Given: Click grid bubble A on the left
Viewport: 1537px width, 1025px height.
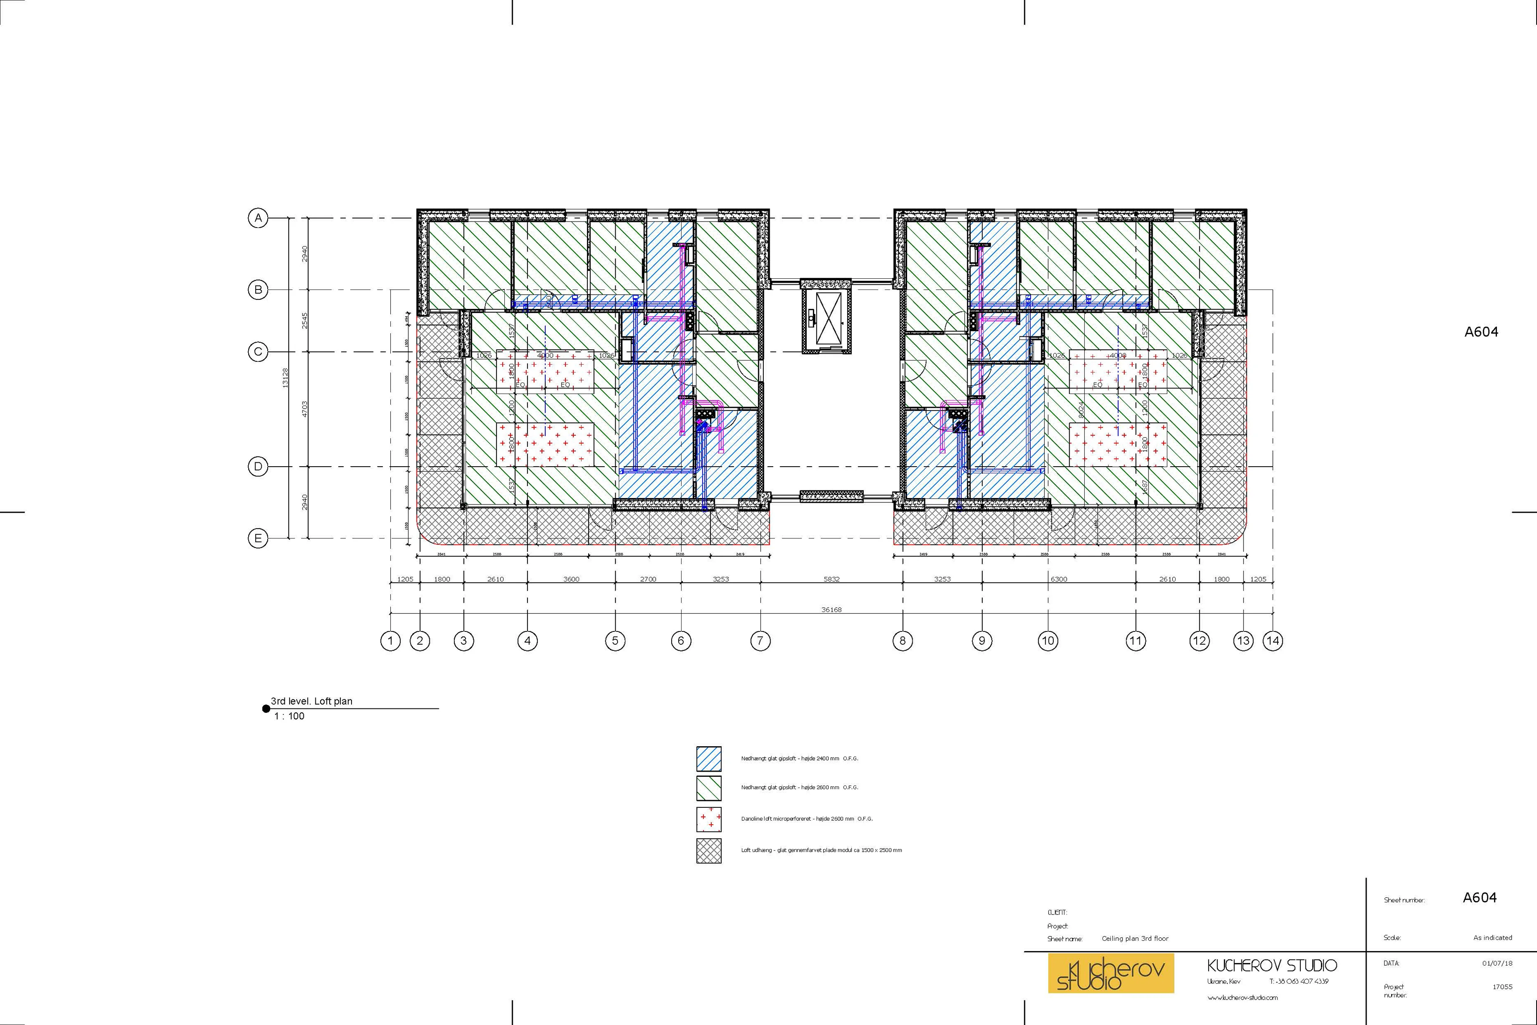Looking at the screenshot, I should pos(258,218).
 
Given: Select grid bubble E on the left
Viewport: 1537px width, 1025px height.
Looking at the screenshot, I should pos(258,539).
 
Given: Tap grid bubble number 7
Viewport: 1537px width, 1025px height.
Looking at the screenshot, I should pos(759,640).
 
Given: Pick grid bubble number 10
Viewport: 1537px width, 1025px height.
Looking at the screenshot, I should pos(1047,640).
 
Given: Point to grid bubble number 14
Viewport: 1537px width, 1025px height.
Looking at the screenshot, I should pos(1272,640).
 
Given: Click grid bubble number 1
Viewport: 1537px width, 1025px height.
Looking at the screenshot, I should pos(390,640).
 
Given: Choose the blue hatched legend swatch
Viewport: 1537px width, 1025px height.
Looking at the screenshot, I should pos(709,759).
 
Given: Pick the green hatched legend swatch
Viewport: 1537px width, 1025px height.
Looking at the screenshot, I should pos(709,788).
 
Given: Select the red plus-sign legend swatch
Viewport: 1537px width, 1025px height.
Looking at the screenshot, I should pos(709,819).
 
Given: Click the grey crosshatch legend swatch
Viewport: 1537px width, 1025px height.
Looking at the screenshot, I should pos(709,850).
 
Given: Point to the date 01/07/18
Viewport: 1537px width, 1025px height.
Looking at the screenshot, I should pos(1497,963).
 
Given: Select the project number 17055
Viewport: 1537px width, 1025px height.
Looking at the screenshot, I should pos(1502,987).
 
